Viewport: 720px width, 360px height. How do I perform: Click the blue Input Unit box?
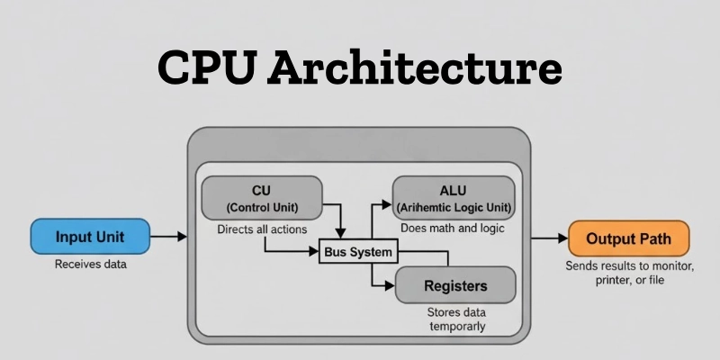90,238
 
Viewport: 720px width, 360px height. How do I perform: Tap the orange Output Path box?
629,239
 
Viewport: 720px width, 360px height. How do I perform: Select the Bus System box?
358,252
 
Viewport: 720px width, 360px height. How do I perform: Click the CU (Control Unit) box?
261,197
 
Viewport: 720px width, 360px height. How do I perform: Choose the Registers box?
455,286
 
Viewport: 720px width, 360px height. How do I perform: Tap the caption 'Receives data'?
90,265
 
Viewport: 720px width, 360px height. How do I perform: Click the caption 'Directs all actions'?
260,229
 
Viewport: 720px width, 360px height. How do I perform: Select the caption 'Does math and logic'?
453,229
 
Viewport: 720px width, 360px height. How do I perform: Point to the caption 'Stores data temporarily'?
455,319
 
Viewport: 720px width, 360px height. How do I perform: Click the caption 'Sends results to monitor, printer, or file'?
629,274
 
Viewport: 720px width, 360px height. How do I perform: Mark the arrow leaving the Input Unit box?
168,238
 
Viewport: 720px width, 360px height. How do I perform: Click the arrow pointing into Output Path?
548,239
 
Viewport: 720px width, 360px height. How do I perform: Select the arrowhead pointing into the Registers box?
389,286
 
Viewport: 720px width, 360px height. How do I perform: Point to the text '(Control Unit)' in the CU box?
261,207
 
